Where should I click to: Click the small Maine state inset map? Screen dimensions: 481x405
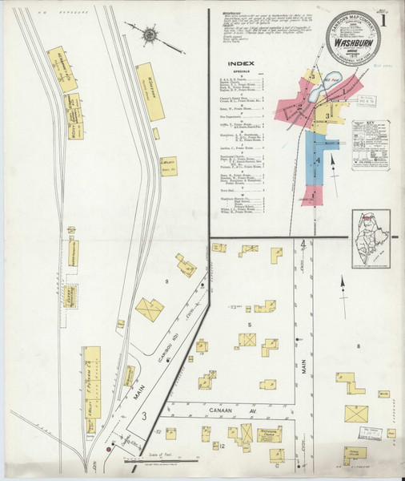point(370,240)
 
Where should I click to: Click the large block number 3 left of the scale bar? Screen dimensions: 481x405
point(144,415)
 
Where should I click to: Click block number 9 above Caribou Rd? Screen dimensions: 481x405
point(166,281)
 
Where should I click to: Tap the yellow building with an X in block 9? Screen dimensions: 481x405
point(150,309)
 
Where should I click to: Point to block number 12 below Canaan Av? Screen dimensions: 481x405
point(220,446)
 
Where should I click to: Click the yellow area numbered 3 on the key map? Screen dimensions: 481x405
point(327,118)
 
